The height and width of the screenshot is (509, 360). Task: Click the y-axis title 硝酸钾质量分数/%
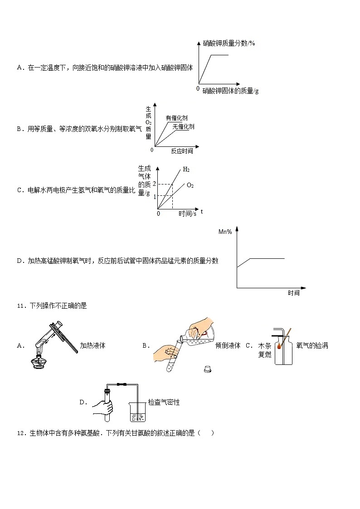tap(229, 43)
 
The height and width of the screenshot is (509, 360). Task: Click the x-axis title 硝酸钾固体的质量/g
tap(230, 91)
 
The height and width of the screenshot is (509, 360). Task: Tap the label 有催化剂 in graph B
tap(176, 118)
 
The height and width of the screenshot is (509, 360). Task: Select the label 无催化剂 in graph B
tap(183, 127)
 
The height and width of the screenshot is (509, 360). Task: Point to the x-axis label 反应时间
tap(182, 151)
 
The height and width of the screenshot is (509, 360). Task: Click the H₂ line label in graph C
tap(186, 170)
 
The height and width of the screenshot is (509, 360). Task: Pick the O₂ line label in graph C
tap(190, 185)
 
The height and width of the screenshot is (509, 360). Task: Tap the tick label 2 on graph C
tap(155, 184)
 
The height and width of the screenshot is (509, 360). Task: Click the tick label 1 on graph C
tap(155, 197)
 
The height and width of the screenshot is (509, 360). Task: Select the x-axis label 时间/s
tap(187, 213)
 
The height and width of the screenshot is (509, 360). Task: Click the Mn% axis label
tap(225, 232)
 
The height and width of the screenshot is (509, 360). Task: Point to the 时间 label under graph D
tap(293, 293)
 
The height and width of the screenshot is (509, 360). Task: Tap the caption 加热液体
tap(92, 345)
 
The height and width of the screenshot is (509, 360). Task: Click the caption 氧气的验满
tap(312, 345)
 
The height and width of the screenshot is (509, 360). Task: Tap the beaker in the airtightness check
tap(137, 411)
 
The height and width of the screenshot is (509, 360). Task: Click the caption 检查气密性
tap(164, 402)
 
